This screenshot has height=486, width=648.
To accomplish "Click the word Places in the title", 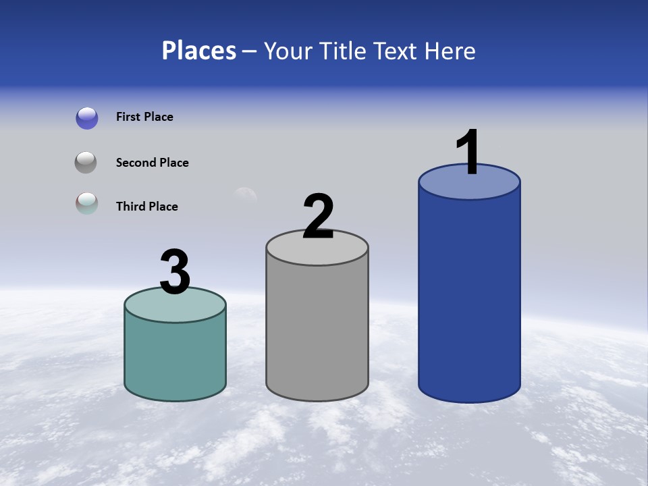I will [199, 51].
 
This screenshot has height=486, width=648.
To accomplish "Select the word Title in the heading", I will [341, 51].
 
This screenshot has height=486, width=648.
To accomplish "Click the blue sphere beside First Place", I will [87, 117].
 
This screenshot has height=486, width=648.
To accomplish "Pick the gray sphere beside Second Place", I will [86, 163].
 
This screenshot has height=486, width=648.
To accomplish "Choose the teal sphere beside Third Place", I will [86, 204].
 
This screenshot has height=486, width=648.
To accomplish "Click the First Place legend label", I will [144, 117].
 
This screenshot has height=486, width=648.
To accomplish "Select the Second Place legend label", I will [152, 163].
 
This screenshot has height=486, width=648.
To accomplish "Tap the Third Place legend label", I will [146, 207].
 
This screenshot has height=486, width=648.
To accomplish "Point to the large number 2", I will [319, 216].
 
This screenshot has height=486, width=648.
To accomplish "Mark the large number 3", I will [175, 272].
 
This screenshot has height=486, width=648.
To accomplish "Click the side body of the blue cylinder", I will [469, 297].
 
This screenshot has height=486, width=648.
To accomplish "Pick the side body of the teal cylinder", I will [175, 358].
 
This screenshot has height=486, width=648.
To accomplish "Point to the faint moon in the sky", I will [244, 196].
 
